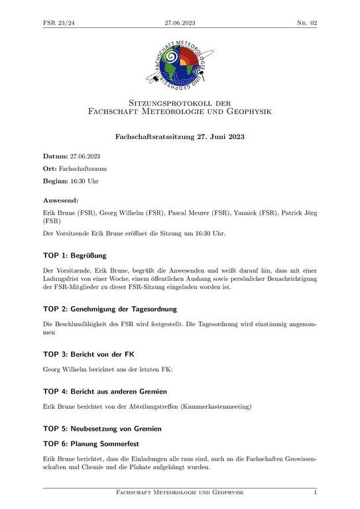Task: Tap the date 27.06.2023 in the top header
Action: click(180, 23)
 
